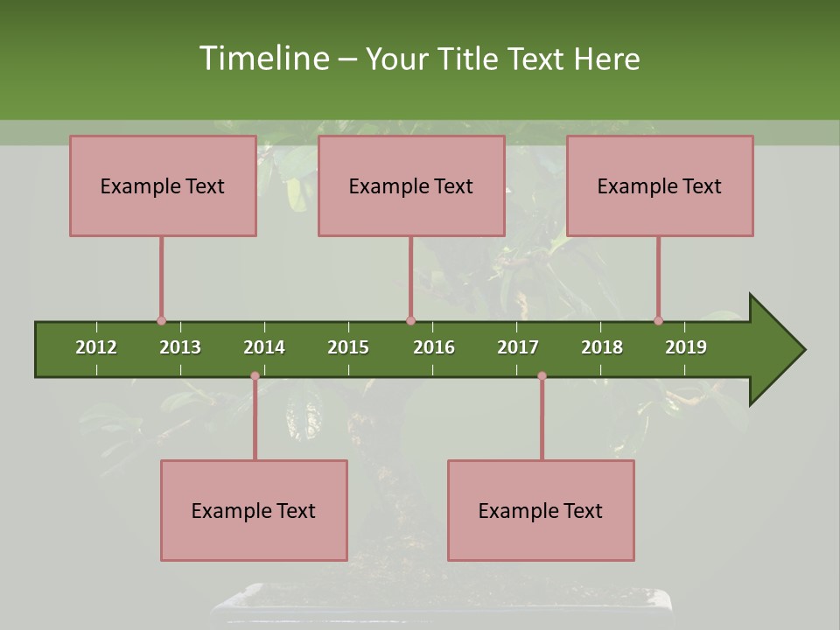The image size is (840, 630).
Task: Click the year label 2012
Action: pos(96,347)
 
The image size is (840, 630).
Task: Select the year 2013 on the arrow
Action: pos(180,347)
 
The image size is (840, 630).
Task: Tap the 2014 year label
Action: pos(264,347)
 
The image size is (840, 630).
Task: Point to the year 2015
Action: pos(348,347)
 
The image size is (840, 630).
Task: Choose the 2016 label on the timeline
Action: pos(434,347)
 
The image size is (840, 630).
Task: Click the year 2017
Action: pos(518,347)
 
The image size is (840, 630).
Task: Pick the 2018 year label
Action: pos(602,347)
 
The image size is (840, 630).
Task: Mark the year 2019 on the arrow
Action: pos(686,347)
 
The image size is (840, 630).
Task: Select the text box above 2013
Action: pos(163,185)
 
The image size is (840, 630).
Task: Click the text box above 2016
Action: pos(411,185)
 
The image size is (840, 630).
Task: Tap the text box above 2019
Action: pos(660,185)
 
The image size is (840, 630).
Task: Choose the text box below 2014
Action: pos(254,510)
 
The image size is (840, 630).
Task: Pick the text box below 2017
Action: pos(541,510)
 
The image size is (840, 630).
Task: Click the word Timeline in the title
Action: pos(262,59)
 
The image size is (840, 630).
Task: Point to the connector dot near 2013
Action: pos(161,321)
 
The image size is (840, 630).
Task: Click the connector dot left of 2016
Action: pos(411,321)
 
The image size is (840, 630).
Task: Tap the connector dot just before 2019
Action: pos(659,321)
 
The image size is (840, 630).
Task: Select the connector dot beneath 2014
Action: pos(255,376)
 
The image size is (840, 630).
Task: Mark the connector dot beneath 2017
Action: pos(542,376)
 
